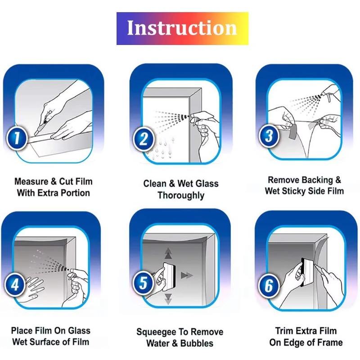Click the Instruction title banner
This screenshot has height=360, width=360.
coord(182,28)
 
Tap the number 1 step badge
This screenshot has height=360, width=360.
coord(17,138)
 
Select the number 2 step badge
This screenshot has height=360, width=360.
coord(144,139)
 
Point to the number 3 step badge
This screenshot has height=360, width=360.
coord(269,136)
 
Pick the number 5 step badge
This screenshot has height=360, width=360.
coord(143,283)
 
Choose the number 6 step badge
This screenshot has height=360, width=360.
coord(269,285)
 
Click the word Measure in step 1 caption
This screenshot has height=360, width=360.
coord(32,181)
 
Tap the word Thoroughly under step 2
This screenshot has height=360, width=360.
coord(181,195)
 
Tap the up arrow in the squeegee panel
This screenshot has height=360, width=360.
coord(168,253)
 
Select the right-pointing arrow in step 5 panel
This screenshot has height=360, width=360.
coord(187,275)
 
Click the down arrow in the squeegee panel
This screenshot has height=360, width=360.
coord(168,298)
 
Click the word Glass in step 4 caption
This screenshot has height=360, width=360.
coord(79,331)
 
